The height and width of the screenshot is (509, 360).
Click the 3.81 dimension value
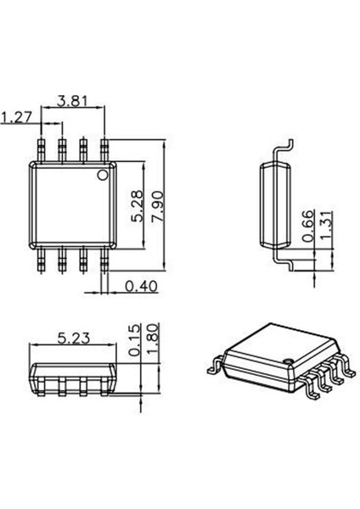pos(74,101)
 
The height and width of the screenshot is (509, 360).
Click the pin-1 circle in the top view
pos(103,176)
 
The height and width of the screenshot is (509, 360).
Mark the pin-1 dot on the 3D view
pos(288,362)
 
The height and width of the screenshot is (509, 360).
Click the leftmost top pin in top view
pos(42,149)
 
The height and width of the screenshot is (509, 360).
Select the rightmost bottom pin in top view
pos(104,261)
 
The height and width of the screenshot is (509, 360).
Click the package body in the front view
pos(73,374)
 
